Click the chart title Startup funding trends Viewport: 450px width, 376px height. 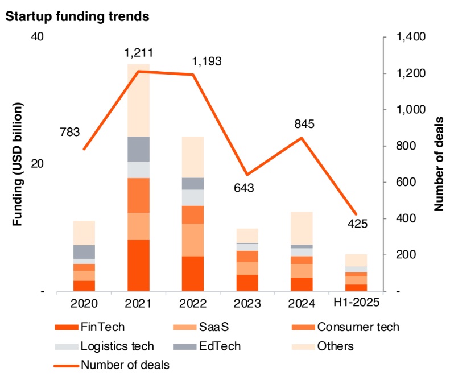coord(77,16)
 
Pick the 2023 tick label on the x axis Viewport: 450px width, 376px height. coord(247,303)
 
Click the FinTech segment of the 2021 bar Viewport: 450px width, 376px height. coord(138,265)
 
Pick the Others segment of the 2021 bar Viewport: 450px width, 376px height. coord(138,100)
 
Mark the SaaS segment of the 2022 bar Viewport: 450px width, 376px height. coord(193,239)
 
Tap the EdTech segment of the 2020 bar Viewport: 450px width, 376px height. coord(84,251)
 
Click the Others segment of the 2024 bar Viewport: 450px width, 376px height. coord(302,228)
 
